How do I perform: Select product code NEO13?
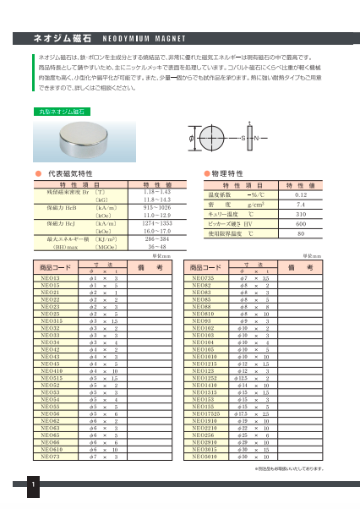50,277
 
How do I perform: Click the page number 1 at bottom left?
31,485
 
